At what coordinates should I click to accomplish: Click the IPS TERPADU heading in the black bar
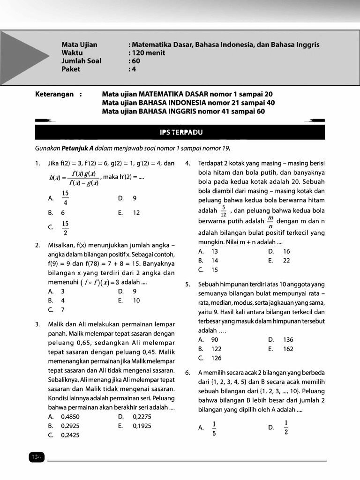pyautogui.click(x=180, y=132)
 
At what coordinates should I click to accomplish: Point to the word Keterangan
pyautogui.click(x=54, y=94)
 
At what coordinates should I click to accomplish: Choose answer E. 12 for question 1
pyautogui.click(x=129, y=212)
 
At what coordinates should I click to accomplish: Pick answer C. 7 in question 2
pyautogui.click(x=56, y=309)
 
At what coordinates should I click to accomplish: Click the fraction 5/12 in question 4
pyautogui.click(x=224, y=211)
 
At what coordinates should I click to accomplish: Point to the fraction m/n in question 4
pyautogui.click(x=270, y=223)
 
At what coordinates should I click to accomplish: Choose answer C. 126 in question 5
pyautogui.click(x=210, y=358)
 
